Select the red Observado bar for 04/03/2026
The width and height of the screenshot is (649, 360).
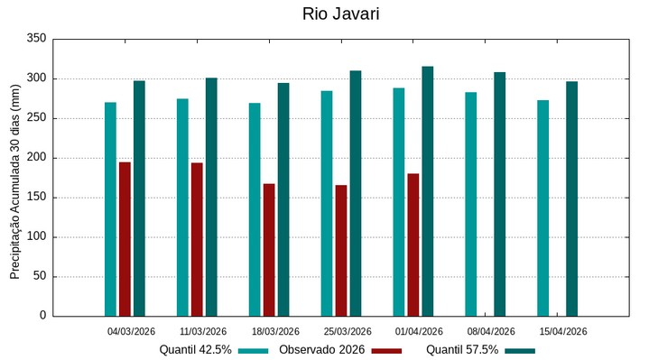pyautogui.click(x=125, y=239)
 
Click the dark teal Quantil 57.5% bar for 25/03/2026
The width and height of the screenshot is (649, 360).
pyautogui.click(x=356, y=193)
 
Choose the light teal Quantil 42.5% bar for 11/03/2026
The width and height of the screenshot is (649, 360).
pyautogui.click(x=182, y=208)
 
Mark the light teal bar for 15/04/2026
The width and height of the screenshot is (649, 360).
pyautogui.click(x=542, y=208)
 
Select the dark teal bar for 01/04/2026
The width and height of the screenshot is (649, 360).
pyautogui.click(x=428, y=191)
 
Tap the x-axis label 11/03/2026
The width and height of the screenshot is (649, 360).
pyautogui.click(x=203, y=331)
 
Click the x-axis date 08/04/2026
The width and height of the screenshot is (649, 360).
pyautogui.click(x=491, y=331)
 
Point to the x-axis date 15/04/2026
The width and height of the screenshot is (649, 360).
pyautogui.click(x=563, y=331)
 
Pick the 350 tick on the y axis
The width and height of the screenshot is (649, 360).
pyautogui.click(x=37, y=39)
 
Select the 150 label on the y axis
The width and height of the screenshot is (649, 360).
pyautogui.click(x=37, y=198)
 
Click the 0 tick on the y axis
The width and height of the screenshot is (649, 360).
pyautogui.click(x=42, y=316)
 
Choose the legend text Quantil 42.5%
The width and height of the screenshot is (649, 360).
pyautogui.click(x=195, y=350)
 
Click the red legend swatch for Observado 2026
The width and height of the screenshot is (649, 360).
pyautogui.click(x=386, y=350)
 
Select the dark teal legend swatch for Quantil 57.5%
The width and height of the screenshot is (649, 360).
pyautogui.click(x=520, y=350)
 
